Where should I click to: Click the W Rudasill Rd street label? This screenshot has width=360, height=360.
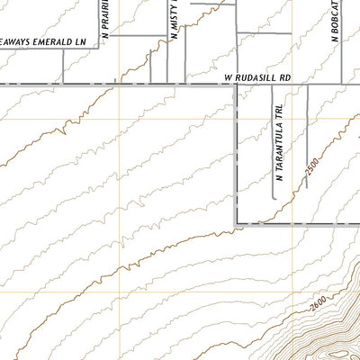click(x=259, y=78)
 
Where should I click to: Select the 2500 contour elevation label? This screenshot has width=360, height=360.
click(x=311, y=166)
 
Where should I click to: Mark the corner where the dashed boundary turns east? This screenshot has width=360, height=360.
click(x=237, y=222)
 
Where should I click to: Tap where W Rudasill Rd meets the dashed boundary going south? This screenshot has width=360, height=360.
click(x=237, y=85)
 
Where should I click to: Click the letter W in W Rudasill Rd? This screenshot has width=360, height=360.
click(x=228, y=78)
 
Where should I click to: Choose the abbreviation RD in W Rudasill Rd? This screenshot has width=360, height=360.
click(x=287, y=78)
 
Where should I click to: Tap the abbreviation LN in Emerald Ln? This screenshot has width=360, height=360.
click(x=81, y=42)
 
